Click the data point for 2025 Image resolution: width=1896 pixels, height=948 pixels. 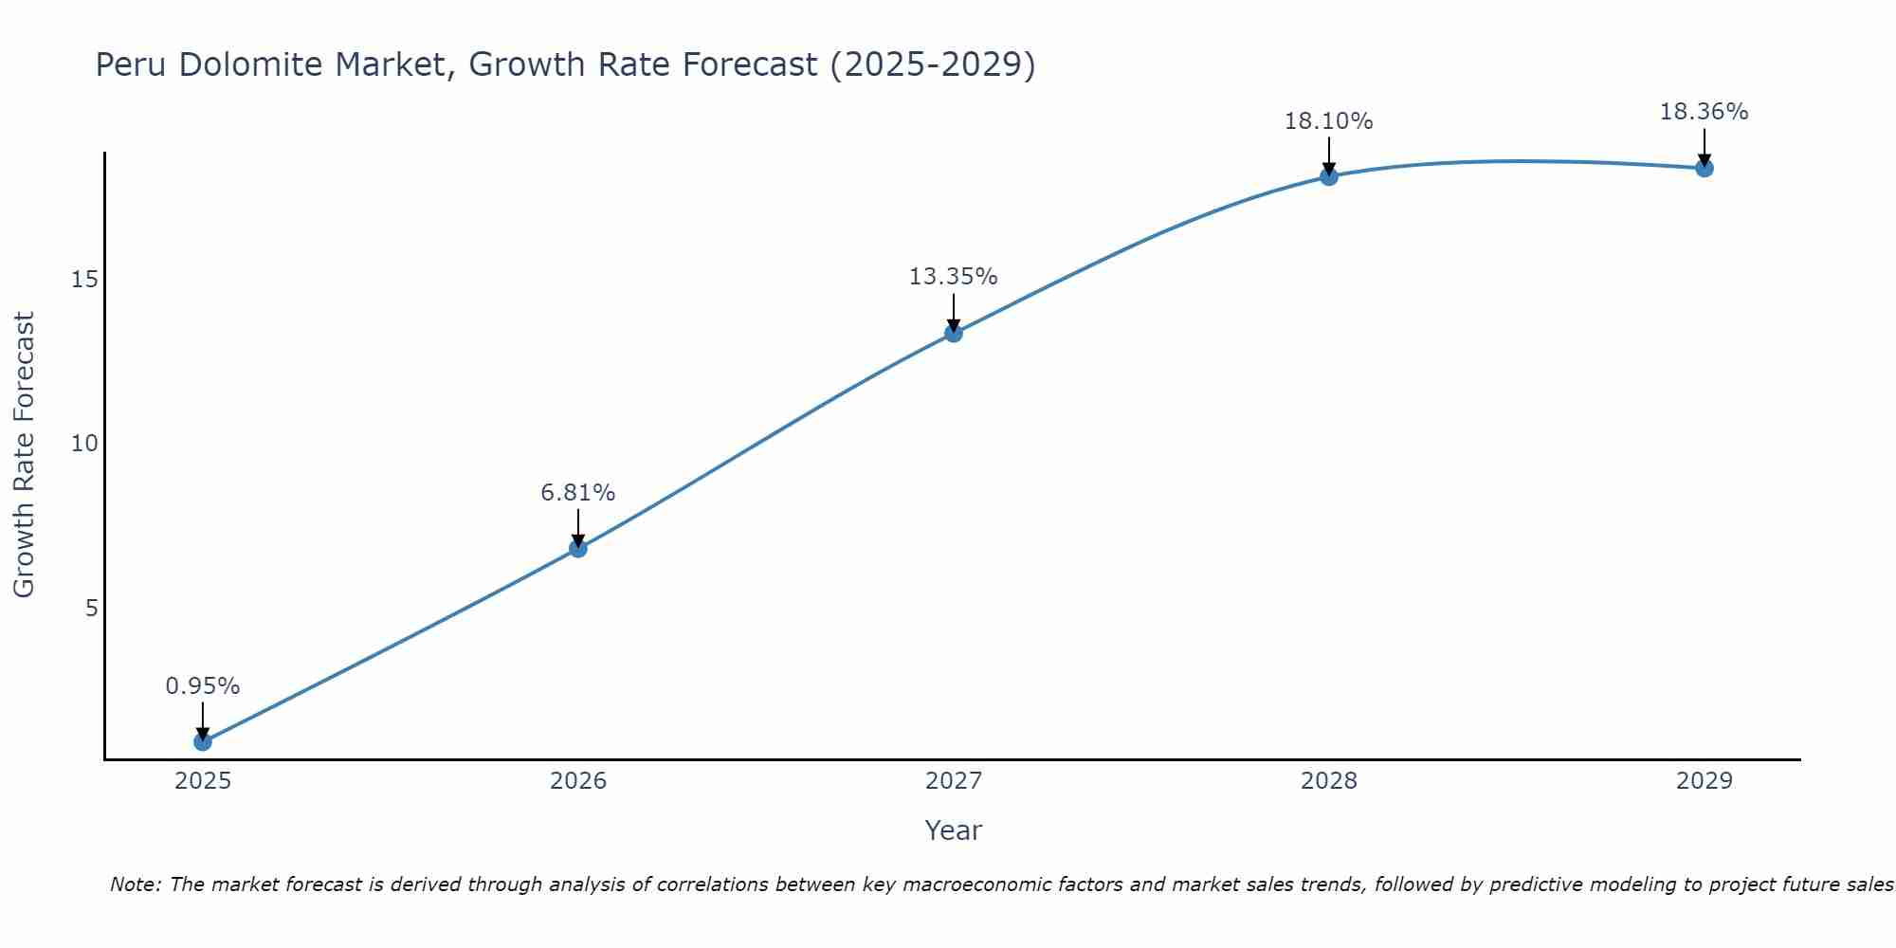tap(203, 741)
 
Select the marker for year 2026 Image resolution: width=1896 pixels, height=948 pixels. tap(578, 548)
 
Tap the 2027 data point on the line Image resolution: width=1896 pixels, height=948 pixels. tap(954, 333)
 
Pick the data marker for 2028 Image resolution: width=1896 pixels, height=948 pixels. tap(1329, 176)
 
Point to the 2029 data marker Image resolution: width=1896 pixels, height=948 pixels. tap(1705, 169)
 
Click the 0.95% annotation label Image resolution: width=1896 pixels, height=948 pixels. tap(203, 685)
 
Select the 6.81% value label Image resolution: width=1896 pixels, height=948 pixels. tap(578, 492)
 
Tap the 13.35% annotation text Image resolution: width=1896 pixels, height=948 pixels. tap(954, 277)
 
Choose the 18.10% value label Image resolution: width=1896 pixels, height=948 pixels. tap(1329, 121)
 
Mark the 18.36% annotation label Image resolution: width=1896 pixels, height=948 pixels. tap(1705, 112)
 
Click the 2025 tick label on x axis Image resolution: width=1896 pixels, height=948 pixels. tap(203, 781)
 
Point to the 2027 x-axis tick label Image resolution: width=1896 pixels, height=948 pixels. tap(954, 781)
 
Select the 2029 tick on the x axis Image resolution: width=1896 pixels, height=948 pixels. tap(1705, 781)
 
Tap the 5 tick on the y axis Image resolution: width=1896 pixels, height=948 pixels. tap(92, 608)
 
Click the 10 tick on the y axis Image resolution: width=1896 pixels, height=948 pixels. tap(85, 444)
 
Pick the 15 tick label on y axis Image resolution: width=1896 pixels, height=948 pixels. tap(85, 279)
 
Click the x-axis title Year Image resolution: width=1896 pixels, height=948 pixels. tap(954, 830)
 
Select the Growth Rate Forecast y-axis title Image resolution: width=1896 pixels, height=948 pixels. tap(24, 455)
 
